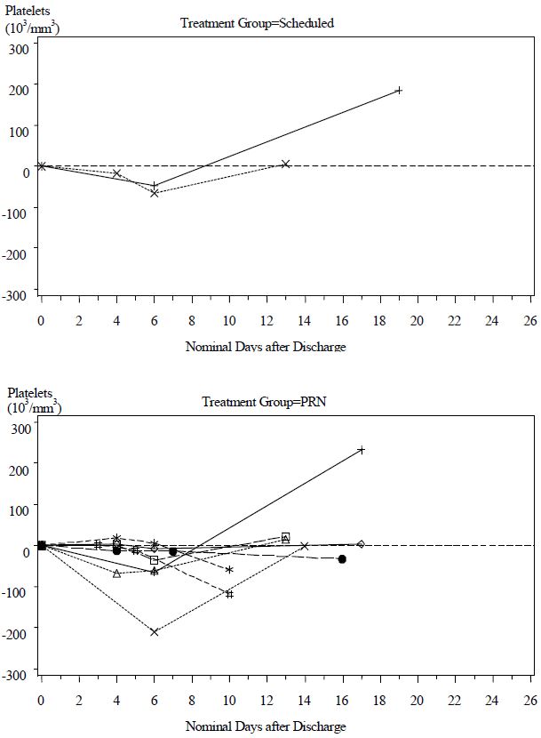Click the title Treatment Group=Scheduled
pos(257,23)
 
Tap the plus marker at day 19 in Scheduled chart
pos(399,90)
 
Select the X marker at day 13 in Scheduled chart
pos(285,164)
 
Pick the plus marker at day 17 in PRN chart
pos(362,450)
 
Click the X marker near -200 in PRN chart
pos(155,632)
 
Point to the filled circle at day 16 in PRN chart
pos(342,558)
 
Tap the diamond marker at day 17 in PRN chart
pos(361,544)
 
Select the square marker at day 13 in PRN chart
pos(285,536)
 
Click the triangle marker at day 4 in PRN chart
pos(116,574)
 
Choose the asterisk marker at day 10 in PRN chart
pos(229,570)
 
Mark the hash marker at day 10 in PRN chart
pos(229,594)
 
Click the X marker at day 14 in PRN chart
pos(305,546)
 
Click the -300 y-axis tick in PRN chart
pos(18,675)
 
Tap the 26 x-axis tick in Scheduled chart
pos(530,320)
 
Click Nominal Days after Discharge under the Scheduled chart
pos(266,347)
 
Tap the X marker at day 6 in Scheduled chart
pos(155,192)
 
